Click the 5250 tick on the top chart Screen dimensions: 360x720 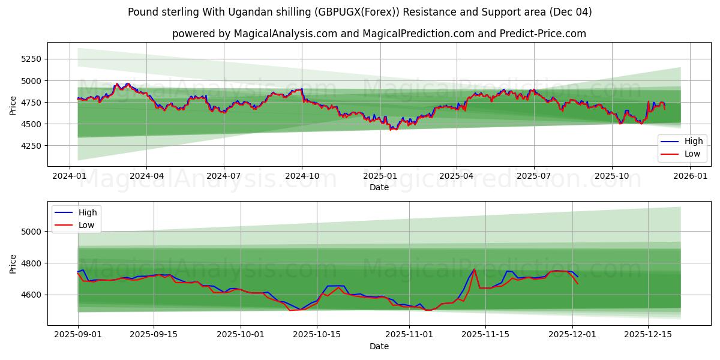click(31, 59)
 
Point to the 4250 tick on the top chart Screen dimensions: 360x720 click(31, 146)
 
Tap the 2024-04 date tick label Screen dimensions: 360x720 click(147, 176)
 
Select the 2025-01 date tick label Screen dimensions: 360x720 click(380, 176)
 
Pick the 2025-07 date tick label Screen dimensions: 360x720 click(534, 176)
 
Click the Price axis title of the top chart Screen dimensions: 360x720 click(13, 104)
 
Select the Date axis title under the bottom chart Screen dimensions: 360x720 click(379, 346)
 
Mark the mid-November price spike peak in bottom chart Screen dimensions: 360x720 click(474, 269)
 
